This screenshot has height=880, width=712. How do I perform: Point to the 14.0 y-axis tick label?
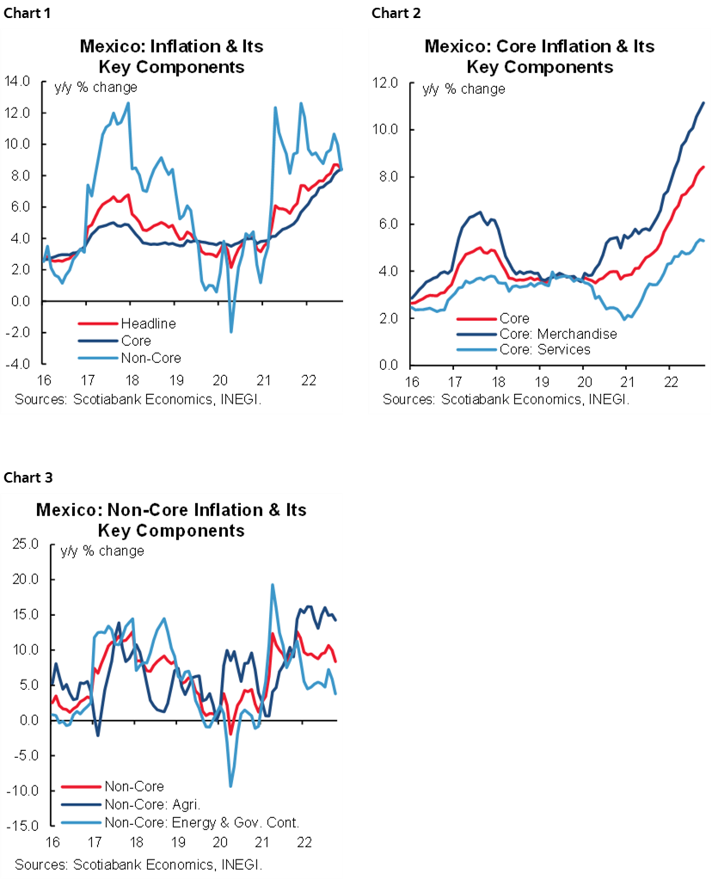click(18, 82)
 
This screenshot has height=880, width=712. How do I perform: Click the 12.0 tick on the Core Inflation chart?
click(386, 83)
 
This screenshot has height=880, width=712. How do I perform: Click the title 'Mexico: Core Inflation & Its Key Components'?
click(540, 56)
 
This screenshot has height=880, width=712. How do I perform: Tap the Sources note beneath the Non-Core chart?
click(138, 863)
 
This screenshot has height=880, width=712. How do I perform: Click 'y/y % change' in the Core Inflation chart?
click(463, 89)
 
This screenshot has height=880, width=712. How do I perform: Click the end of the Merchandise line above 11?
click(704, 103)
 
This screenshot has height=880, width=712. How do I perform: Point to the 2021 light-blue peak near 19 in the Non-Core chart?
click(273, 585)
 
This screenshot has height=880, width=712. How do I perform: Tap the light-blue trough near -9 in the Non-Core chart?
click(230, 785)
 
